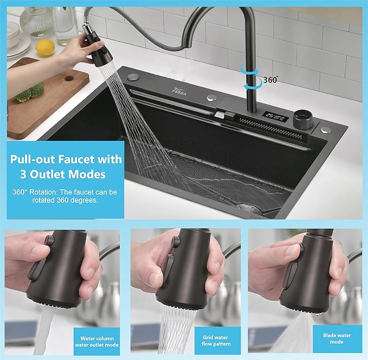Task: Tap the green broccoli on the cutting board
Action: [x=29, y=92]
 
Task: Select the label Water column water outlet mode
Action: [x=96, y=340]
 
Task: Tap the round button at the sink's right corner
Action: [x=325, y=130]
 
